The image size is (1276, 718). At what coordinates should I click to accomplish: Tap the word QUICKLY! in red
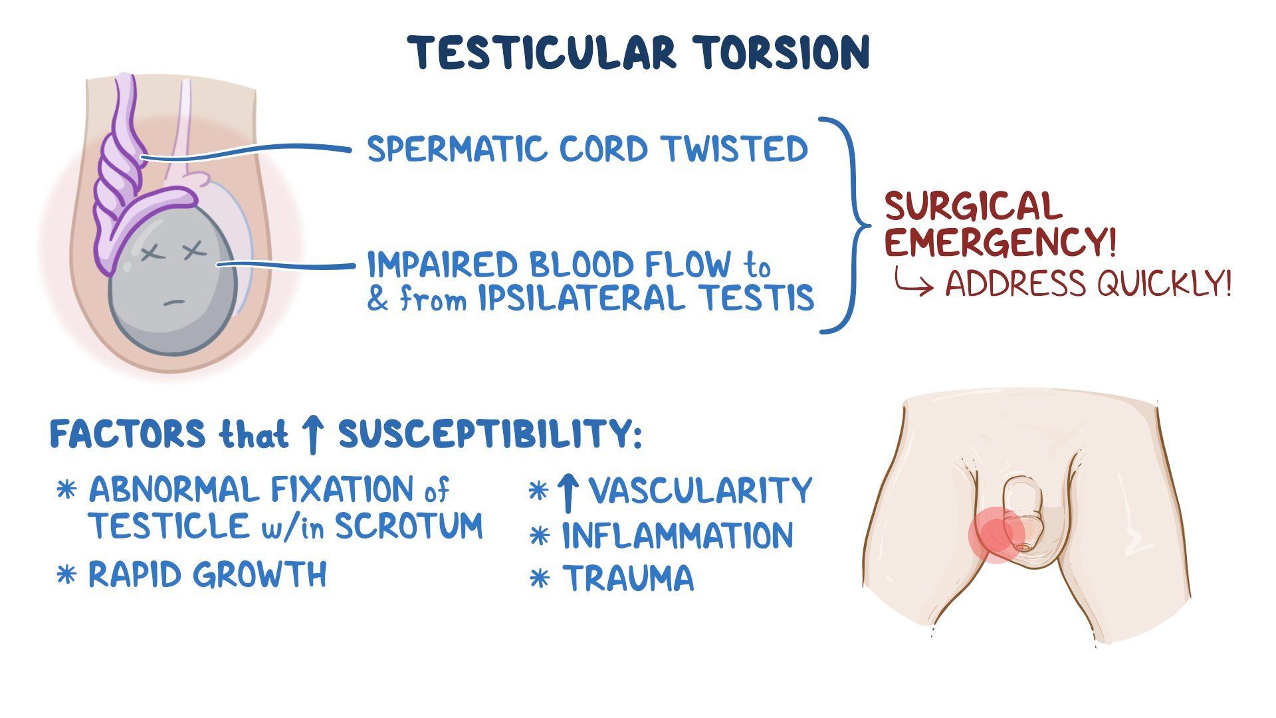(1164, 284)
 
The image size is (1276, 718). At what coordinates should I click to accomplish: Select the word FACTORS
(128, 435)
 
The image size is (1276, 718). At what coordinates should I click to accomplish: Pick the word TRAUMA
(628, 577)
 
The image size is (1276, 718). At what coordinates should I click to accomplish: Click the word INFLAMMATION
(678, 535)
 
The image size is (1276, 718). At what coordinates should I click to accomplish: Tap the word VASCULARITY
(700, 491)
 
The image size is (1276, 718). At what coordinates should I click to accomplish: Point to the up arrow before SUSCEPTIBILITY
(312, 435)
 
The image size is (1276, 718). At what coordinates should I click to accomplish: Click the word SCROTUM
(409, 527)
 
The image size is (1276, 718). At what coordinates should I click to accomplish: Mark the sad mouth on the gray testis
(174, 302)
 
